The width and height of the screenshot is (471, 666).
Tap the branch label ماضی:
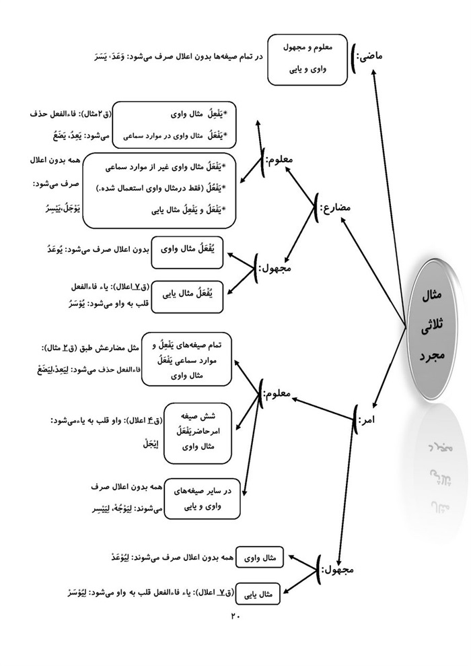pyautogui.click(x=368, y=56)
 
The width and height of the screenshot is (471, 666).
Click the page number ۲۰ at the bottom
pyautogui.click(x=235, y=615)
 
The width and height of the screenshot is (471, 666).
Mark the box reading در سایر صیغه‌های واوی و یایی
pyautogui.click(x=203, y=499)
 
